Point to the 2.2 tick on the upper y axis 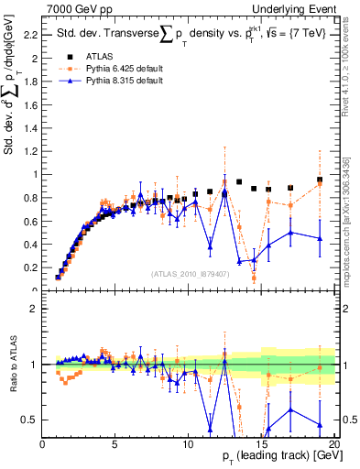tap(30, 35)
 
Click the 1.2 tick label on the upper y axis tap(30, 151)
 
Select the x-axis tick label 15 tap(260, 444)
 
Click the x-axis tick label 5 tap(115, 444)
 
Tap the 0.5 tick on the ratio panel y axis tap(30, 420)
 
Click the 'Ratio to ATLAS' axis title tap(11, 366)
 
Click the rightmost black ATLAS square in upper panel tap(320, 180)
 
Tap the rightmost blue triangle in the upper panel tap(320, 238)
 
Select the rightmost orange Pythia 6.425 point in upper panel tap(320, 183)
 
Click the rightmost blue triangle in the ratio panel tap(320, 425)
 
